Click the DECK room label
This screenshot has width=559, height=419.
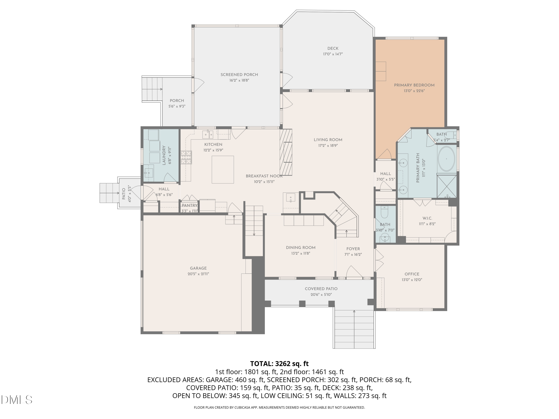[x=333, y=48]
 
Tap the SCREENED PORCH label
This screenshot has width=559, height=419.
[x=239, y=74]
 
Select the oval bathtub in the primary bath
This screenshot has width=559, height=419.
[x=446, y=159]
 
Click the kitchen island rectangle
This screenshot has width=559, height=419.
[x=223, y=169]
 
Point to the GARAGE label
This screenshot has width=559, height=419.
[x=198, y=268]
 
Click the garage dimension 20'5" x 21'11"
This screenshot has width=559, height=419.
[x=198, y=274]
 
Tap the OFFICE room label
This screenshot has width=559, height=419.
[x=412, y=274]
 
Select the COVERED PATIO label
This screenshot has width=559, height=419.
[x=321, y=289]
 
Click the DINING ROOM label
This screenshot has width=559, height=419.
[x=301, y=247]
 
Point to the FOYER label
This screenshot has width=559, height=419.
[x=353, y=249]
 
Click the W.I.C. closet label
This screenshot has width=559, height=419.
[x=427, y=218]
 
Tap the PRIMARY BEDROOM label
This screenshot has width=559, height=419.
[x=414, y=85]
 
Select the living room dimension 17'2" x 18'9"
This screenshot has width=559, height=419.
[x=328, y=145]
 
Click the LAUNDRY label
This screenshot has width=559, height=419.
[x=164, y=155]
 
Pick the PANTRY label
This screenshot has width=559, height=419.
[x=190, y=205]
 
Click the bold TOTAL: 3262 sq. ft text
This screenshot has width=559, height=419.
[x=279, y=364]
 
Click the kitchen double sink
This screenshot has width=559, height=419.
[x=208, y=134]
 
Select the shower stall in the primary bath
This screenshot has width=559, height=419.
[x=447, y=186]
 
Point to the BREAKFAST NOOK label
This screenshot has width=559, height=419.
[x=264, y=176]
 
